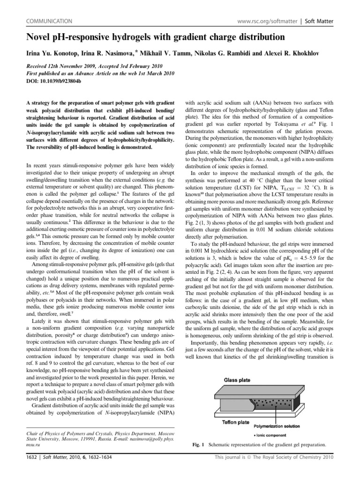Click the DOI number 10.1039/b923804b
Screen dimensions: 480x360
(x=52, y=81)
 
